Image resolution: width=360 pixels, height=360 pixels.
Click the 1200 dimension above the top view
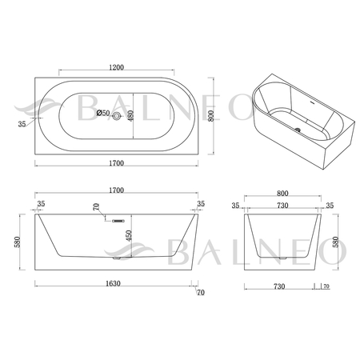click(117, 67)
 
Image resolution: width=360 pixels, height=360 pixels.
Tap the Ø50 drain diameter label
click(103, 113)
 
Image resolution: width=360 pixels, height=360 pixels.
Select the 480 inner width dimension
click(130, 116)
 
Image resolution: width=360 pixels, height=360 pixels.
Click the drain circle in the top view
click(117, 116)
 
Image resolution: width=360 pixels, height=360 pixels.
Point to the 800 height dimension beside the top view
click(211, 116)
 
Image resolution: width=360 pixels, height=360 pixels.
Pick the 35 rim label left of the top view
click(22, 124)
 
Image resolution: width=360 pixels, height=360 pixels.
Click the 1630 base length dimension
click(113, 283)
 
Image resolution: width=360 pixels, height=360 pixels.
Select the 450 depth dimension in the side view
click(129, 235)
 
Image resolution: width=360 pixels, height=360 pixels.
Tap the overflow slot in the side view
click(118, 221)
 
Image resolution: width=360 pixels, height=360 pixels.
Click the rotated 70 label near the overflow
click(96, 206)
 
